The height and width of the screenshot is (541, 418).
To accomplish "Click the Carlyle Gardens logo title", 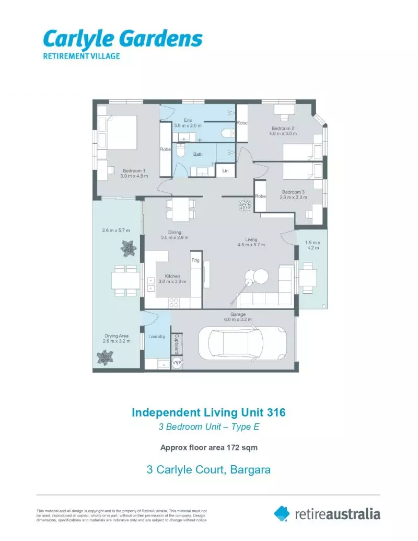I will click(x=122, y=39).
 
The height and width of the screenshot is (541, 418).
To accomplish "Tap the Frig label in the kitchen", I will click(x=195, y=260).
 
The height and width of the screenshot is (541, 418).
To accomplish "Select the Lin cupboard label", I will click(x=225, y=171).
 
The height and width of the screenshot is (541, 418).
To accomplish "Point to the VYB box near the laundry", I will click(x=178, y=362).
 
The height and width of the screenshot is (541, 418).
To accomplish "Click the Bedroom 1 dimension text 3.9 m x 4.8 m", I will click(x=134, y=176).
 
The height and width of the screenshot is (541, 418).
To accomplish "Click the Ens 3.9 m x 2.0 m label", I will click(x=187, y=123).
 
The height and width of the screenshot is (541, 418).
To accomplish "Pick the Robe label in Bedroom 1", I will click(x=165, y=149).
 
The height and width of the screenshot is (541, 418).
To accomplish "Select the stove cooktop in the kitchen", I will click(x=174, y=302).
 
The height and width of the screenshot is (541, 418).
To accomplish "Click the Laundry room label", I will click(x=157, y=337).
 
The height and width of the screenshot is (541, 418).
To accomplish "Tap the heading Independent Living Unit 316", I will click(x=208, y=412).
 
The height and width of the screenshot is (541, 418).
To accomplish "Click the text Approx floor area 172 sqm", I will click(x=208, y=447).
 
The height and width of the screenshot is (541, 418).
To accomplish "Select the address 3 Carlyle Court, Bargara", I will click(x=208, y=469).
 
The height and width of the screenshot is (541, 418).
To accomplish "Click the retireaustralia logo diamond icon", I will click(x=282, y=513).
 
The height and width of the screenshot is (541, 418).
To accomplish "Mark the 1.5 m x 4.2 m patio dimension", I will click(x=313, y=246).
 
